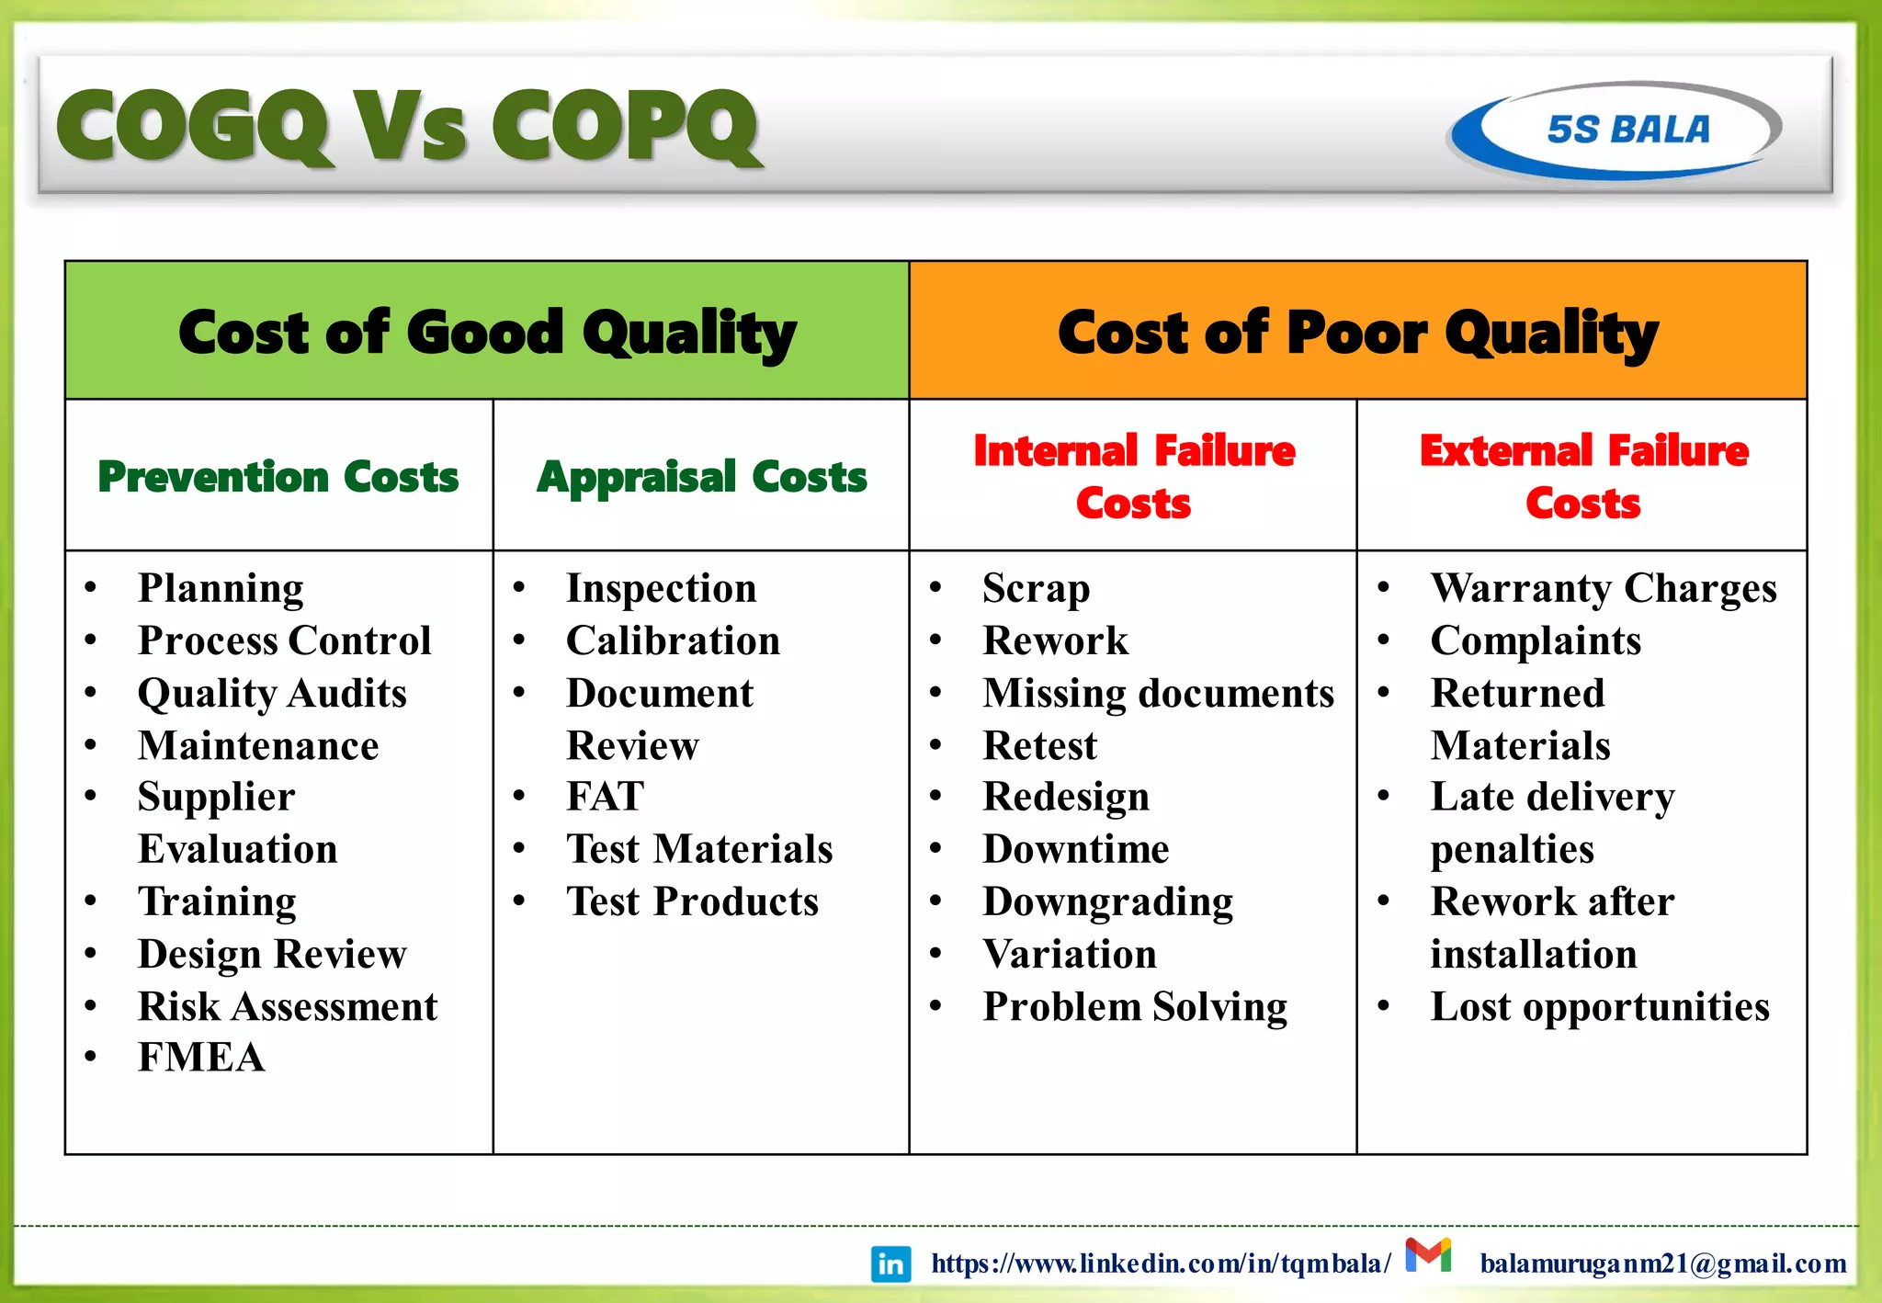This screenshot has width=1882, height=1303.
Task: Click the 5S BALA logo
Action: click(x=1616, y=130)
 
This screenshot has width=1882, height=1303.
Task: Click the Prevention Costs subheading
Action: click(x=278, y=477)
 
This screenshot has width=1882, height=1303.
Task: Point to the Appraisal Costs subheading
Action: click(x=701, y=477)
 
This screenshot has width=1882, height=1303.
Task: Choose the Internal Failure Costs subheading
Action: click(x=1133, y=477)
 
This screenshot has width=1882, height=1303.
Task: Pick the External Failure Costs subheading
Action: click(x=1582, y=477)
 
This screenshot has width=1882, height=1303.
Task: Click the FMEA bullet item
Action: click(x=201, y=1058)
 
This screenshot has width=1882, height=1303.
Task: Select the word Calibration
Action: click(x=673, y=640)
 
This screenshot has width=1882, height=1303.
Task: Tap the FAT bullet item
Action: click(x=605, y=797)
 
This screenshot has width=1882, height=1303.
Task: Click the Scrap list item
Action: click(x=1036, y=588)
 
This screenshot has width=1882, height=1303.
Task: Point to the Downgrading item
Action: click(x=1107, y=901)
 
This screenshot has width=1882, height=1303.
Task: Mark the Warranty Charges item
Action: click(x=1603, y=588)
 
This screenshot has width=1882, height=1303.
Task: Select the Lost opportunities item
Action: click(x=1599, y=1007)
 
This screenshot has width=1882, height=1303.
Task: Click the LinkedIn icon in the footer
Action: click(x=890, y=1264)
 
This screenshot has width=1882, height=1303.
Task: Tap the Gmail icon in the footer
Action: click(x=1428, y=1255)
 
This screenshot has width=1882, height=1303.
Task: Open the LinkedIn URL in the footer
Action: click(x=1161, y=1264)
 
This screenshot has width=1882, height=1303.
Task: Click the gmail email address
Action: click(x=1662, y=1264)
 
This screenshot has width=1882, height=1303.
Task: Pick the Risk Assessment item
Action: click(x=288, y=1007)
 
